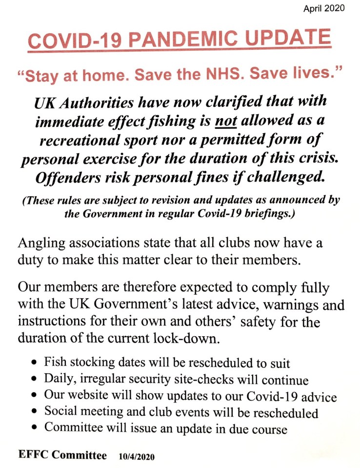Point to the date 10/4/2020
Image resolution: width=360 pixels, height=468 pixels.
137,456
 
